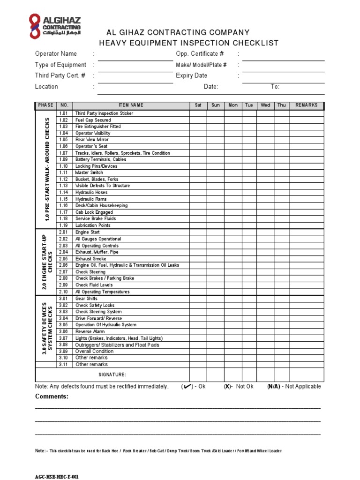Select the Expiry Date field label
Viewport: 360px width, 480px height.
click(x=191, y=75)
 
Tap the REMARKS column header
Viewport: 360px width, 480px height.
click(x=307, y=105)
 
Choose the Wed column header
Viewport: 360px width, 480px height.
click(x=265, y=105)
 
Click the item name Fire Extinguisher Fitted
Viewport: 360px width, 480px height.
click(x=98, y=127)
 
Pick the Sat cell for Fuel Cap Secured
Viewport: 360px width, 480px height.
click(x=198, y=120)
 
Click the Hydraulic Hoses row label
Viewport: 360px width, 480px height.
click(x=91, y=192)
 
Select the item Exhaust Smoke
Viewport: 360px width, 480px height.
click(x=91, y=259)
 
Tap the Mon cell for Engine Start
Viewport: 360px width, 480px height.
click(x=232, y=232)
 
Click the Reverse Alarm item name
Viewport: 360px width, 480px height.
click(x=90, y=331)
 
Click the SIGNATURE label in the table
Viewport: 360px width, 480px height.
click(x=112, y=375)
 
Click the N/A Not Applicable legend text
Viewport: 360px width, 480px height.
click(x=294, y=387)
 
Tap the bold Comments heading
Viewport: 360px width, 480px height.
click(x=52, y=397)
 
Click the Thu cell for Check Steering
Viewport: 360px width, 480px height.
click(x=281, y=272)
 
